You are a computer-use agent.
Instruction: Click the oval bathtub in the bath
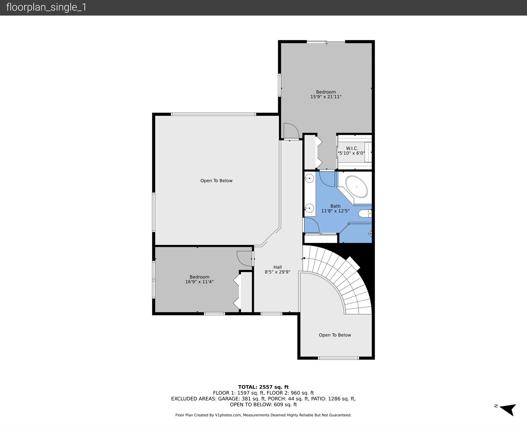tap(356, 186)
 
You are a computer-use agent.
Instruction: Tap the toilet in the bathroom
tap(365, 213)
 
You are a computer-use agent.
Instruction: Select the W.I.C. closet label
tap(352, 148)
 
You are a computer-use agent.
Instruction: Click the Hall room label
tap(277, 267)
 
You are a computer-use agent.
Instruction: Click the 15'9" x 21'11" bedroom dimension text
tap(326, 97)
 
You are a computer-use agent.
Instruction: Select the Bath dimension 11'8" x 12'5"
tap(335, 211)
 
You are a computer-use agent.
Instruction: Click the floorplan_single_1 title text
tap(46, 7)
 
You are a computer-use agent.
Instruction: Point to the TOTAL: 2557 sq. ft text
tap(263, 387)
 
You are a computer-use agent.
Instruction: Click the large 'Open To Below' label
tap(216, 181)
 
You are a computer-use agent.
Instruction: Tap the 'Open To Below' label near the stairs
tap(335, 335)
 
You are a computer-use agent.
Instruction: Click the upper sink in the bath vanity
tap(309, 178)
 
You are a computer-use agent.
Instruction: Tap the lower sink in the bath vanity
tap(309, 208)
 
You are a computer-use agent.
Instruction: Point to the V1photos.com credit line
tap(263, 415)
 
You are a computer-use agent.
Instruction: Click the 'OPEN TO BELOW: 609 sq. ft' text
tap(263, 405)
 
